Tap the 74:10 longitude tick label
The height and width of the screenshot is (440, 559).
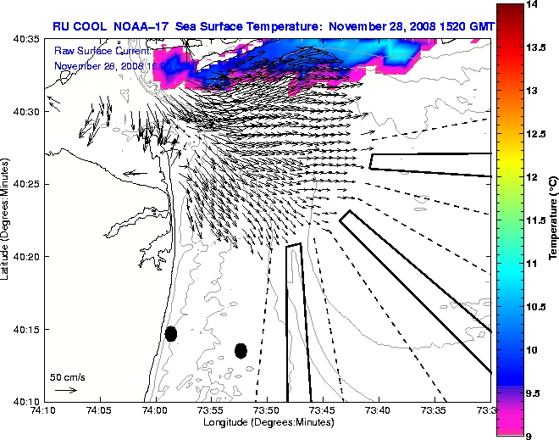pyautogui.click(x=43, y=410)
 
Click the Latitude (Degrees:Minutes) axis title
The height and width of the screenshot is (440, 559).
pyautogui.click(x=7, y=220)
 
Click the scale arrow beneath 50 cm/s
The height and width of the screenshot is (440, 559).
pyautogui.click(x=66, y=390)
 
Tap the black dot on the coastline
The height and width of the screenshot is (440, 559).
pyautogui.click(x=170, y=333)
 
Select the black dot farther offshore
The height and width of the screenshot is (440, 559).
pyautogui.click(x=241, y=350)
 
